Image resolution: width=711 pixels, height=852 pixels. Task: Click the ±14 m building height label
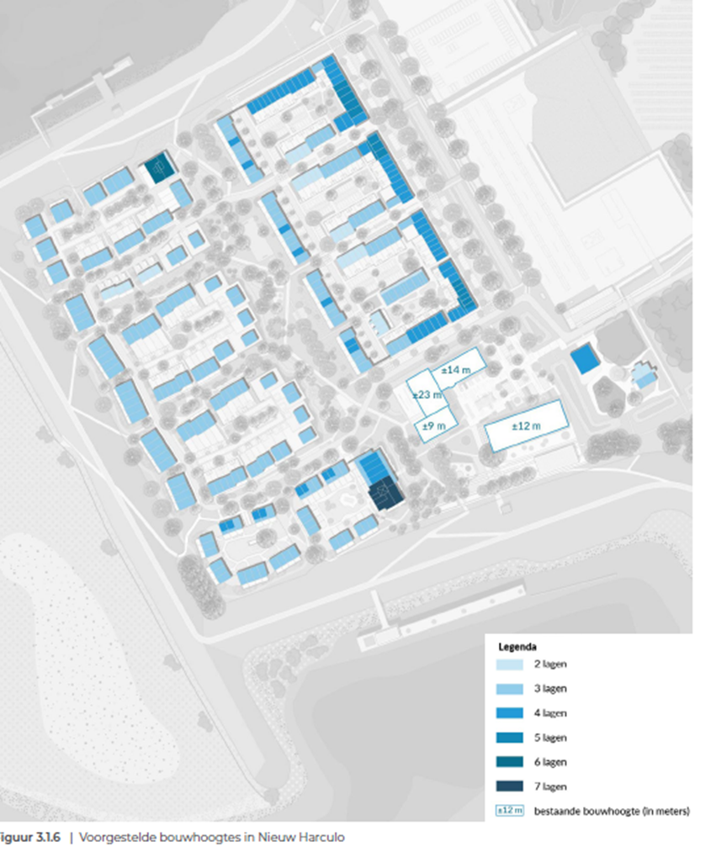455,370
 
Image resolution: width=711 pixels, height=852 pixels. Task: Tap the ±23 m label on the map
427,395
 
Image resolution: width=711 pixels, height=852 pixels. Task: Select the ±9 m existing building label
434,426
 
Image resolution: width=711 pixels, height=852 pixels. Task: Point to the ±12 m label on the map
526,426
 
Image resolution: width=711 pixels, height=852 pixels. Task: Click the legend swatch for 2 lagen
509,664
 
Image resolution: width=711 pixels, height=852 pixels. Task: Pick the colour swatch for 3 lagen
509,689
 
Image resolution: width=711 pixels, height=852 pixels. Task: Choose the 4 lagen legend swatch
509,713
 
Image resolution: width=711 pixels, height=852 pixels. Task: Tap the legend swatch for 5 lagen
509,738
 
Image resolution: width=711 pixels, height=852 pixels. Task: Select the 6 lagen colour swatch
509,762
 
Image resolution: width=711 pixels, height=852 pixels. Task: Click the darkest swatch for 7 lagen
509,786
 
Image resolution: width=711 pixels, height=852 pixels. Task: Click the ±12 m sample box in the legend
509,811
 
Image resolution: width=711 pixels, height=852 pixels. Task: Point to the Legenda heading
517,647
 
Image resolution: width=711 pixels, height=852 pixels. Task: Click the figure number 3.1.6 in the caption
47,838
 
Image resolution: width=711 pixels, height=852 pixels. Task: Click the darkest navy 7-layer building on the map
385,494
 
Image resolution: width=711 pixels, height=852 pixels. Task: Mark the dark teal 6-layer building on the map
159,167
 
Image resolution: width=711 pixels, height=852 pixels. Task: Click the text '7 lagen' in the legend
550,786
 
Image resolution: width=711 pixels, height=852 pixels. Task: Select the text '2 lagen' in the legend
550,664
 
